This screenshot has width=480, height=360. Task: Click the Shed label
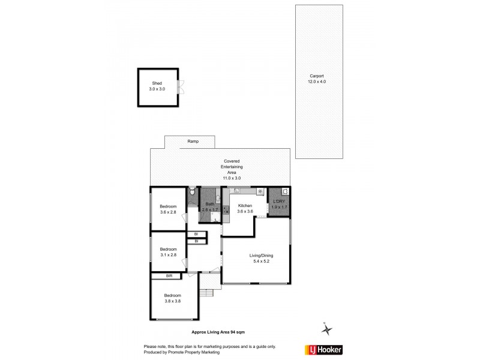(x=157, y=84)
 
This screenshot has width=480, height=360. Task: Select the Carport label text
(x=317, y=76)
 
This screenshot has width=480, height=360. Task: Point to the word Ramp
(x=193, y=142)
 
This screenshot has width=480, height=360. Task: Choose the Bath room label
(x=210, y=204)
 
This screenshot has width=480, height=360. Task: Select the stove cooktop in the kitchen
(x=226, y=209)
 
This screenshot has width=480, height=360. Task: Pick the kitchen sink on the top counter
(x=238, y=191)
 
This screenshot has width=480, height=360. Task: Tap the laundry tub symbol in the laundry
(x=286, y=192)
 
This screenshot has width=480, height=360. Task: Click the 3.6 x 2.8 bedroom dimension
(x=168, y=212)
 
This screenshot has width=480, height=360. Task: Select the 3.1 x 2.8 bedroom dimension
(x=168, y=255)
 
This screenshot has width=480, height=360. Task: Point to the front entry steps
(x=207, y=293)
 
